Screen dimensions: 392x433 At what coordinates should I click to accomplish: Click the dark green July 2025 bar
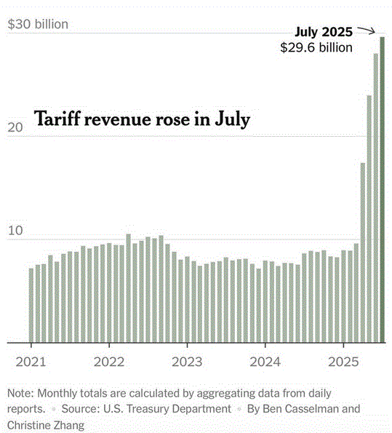383,190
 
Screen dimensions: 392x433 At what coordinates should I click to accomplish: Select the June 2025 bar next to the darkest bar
376,198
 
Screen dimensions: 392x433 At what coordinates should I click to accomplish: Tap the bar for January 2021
31,306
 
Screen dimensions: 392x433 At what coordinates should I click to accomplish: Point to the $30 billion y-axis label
38,24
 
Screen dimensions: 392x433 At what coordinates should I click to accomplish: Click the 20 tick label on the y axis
15,127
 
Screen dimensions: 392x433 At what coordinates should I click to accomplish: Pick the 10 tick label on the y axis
15,231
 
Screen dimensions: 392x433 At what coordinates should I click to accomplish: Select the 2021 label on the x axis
31,362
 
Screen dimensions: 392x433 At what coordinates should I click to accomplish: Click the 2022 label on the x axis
109,362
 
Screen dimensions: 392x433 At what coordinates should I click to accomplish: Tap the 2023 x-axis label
187,362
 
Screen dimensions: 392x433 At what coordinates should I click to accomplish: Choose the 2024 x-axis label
265,362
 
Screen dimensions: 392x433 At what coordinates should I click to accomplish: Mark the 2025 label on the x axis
343,362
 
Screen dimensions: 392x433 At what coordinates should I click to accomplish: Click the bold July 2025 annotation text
324,32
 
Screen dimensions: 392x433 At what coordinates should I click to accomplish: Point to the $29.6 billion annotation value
316,47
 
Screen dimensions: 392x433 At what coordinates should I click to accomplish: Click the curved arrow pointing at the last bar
367,30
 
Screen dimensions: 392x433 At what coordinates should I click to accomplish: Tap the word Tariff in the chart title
57,119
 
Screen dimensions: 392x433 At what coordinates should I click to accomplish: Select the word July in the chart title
233,119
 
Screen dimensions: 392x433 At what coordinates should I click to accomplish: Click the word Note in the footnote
20,393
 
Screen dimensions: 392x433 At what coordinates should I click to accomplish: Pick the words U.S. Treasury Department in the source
167,409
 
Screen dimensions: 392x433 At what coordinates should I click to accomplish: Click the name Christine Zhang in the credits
46,426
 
